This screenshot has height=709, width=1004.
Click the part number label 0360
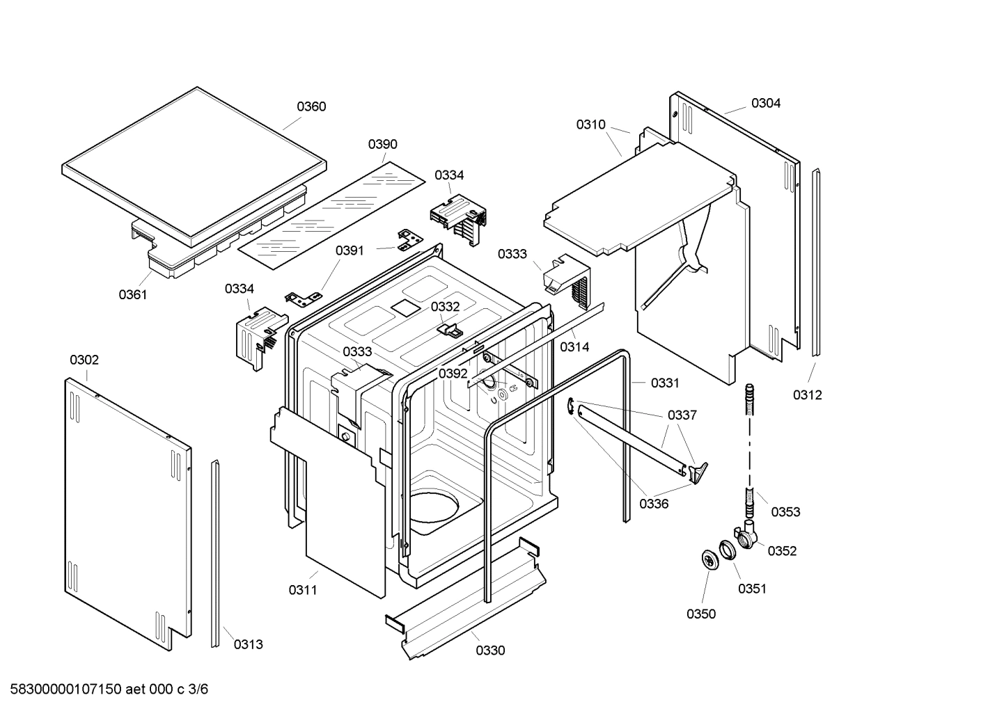coord(311,106)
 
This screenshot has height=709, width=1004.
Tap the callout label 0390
coord(382,144)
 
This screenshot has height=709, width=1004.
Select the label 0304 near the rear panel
coord(765,103)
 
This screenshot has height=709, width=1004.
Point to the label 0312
coord(807,395)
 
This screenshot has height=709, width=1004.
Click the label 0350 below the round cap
coord(700,614)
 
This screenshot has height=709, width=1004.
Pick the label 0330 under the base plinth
coord(490,651)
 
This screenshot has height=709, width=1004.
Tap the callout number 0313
coord(248,644)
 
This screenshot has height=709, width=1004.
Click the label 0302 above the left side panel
coord(84,360)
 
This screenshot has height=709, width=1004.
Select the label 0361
coord(132,294)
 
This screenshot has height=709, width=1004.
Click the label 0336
coord(654,504)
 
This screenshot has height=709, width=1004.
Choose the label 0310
coord(590,125)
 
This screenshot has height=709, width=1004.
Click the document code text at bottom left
coord(105,690)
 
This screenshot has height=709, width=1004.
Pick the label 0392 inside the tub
coord(453,374)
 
